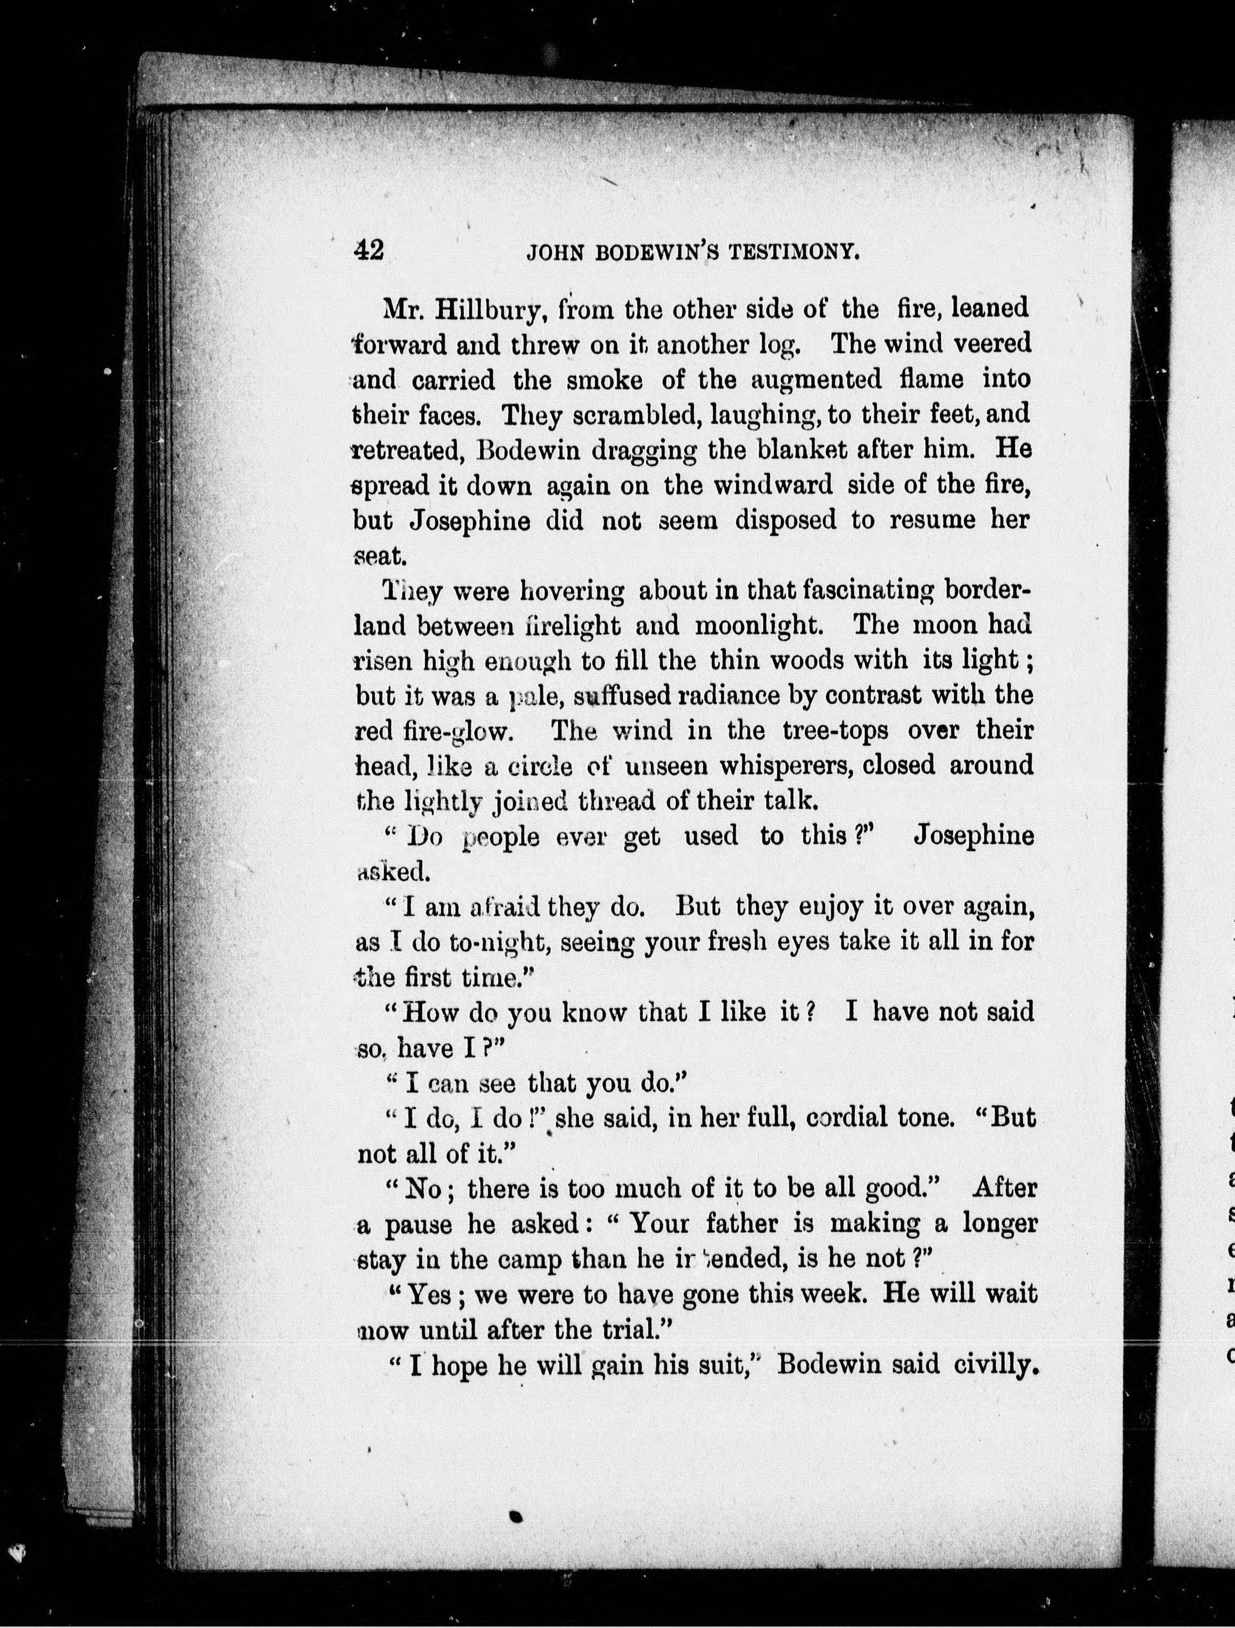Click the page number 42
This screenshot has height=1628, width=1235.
pos(369,251)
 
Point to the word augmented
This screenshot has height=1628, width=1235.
pos(816,380)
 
